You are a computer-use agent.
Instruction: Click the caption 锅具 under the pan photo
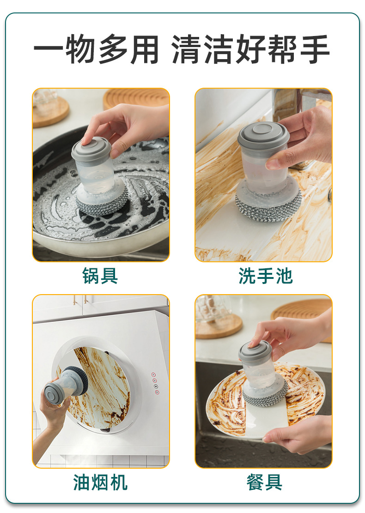pyautogui.click(x=100, y=276)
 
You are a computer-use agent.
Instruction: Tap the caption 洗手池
pyautogui.click(x=265, y=276)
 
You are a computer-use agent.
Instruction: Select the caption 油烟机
pyautogui.click(x=100, y=482)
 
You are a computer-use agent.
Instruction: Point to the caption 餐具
pyautogui.click(x=264, y=482)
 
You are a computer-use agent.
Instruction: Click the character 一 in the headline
pyautogui.click(x=49, y=50)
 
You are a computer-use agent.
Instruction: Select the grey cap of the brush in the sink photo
pyautogui.click(x=263, y=134)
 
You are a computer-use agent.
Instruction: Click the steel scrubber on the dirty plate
pyautogui.click(x=266, y=396)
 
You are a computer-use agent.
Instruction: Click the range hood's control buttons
pyautogui.click(x=156, y=383)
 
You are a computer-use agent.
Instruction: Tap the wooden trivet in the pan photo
pyautogui.click(x=136, y=98)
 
